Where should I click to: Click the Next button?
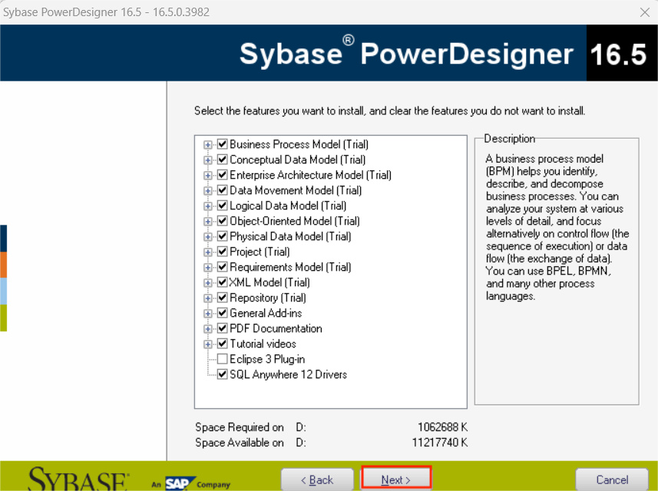click(395, 479)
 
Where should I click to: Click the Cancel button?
click(611, 479)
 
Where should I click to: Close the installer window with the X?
click(644, 12)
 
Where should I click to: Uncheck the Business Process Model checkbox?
click(223, 144)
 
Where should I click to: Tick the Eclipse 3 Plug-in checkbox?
click(223, 359)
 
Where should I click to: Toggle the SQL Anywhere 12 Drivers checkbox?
click(223, 374)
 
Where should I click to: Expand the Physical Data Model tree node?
click(208, 236)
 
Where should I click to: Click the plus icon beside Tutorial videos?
click(208, 344)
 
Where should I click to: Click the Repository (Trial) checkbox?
click(223, 298)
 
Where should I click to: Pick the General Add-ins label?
click(266, 313)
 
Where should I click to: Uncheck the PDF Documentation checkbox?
click(223, 328)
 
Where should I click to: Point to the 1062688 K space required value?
click(442, 427)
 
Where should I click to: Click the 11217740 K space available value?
click(439, 443)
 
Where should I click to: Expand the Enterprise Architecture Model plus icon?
click(208, 175)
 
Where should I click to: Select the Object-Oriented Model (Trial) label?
click(294, 221)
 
